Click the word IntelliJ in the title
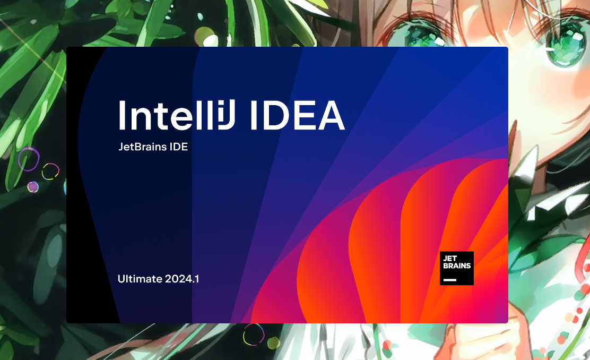(177, 115)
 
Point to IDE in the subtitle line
(179, 147)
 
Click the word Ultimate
(140, 279)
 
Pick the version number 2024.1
(182, 279)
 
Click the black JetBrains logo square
(456, 268)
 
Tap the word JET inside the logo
(449, 259)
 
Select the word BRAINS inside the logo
(457, 265)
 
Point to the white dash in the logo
(449, 280)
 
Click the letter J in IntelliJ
(227, 115)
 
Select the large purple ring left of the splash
(29, 159)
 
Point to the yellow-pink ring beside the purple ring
(50, 172)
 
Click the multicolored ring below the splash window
(254, 335)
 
